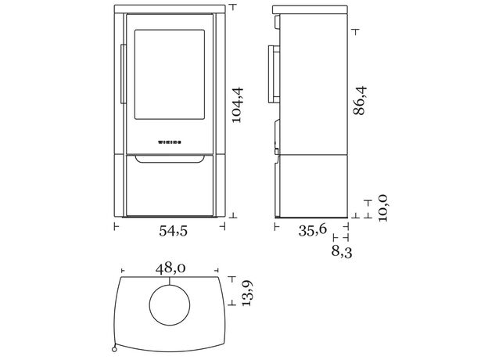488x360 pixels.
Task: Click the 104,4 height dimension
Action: click(238, 105)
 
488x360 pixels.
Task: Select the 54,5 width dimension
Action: click(174, 231)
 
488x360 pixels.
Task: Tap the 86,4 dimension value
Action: click(361, 101)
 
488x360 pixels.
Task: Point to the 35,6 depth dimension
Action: click(313, 230)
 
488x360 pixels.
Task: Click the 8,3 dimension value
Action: click(342, 252)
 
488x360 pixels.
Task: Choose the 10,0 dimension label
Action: click(382, 208)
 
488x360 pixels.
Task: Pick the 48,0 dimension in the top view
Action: click(170, 268)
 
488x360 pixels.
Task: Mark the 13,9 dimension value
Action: click(247, 293)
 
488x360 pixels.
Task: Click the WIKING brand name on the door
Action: click(170, 142)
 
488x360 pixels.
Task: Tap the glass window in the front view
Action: click(170, 74)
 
